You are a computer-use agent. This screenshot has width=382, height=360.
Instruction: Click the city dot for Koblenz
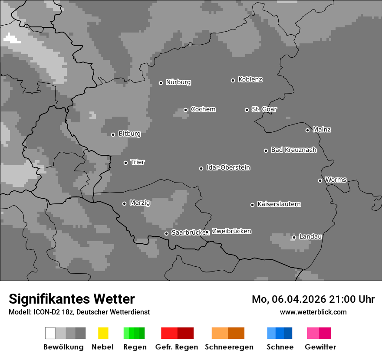pyautogui.click(x=233, y=80)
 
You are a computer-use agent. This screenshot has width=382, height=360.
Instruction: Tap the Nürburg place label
pyautogui.click(x=178, y=82)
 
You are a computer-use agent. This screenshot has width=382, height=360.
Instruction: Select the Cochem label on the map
pyautogui.click(x=203, y=109)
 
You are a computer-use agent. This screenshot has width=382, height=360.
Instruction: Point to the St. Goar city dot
pyautogui.click(x=247, y=110)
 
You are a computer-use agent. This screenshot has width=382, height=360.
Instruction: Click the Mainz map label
pyautogui.click(x=322, y=129)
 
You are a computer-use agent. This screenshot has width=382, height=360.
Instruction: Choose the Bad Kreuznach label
pyautogui.click(x=293, y=150)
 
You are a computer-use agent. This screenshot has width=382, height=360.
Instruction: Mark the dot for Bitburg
pyautogui.click(x=113, y=134)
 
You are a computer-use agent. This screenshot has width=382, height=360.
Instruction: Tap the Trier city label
pyautogui.click(x=138, y=162)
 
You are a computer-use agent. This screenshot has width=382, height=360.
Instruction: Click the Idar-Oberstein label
pyautogui.click(x=228, y=167)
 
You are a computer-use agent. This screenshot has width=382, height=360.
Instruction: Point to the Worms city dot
pyautogui.click(x=320, y=180)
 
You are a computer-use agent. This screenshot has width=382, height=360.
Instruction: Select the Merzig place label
pyautogui.click(x=140, y=203)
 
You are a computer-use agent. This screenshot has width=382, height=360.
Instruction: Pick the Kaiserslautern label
pyautogui.click(x=279, y=204)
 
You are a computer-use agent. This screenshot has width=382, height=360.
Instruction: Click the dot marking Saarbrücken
pyautogui.click(x=166, y=233)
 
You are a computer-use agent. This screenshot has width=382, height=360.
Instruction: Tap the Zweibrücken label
pyautogui.click(x=232, y=231)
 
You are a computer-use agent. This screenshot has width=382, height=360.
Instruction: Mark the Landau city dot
pyautogui.click(x=294, y=237)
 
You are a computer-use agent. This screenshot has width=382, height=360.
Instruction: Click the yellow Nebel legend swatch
pyautogui.click(x=103, y=333)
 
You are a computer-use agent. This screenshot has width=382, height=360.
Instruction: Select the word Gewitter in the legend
pyautogui.click(x=320, y=347)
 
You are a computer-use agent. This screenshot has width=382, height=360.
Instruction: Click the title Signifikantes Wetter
pyautogui.click(x=72, y=299)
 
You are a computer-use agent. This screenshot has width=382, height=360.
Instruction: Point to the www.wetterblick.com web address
pyautogui.click(x=313, y=312)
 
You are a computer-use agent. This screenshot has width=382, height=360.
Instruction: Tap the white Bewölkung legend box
pyautogui.click(x=50, y=333)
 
